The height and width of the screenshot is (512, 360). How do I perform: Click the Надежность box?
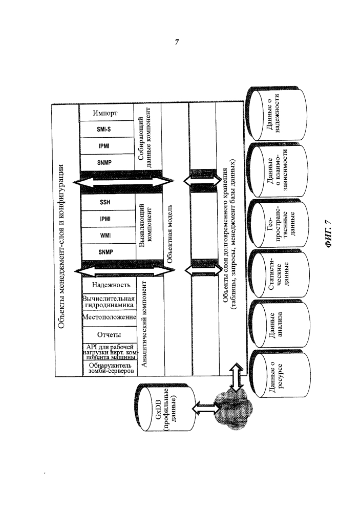(109, 285)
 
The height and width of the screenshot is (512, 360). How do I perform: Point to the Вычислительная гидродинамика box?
(109, 302)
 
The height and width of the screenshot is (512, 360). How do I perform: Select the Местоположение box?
(109, 317)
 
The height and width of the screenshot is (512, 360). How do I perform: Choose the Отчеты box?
(109, 335)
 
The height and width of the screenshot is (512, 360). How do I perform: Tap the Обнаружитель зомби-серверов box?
(110, 368)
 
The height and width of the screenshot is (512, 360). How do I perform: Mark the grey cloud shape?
(234, 409)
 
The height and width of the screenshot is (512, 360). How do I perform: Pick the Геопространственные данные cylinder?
(278, 224)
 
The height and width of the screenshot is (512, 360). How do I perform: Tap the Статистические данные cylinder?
(279, 274)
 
